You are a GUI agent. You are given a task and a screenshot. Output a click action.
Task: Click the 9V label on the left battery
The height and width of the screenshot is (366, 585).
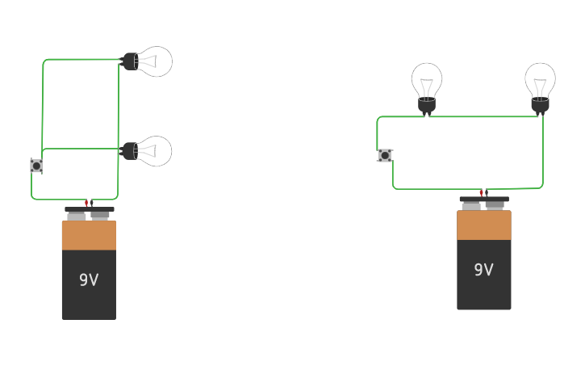[89, 280]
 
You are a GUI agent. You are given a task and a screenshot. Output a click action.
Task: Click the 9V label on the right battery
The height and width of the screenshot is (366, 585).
[483, 270]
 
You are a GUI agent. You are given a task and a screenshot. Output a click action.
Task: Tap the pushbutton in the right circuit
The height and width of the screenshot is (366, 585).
[385, 155]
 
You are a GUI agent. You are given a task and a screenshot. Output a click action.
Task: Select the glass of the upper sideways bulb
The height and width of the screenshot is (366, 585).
[155, 61]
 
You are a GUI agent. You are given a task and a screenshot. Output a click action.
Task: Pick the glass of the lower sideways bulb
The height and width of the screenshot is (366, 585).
[155, 151]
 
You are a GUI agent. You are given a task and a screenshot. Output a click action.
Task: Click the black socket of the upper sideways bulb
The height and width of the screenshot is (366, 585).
[129, 61]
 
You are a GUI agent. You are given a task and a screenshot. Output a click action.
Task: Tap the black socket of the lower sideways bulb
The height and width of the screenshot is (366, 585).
[129, 150]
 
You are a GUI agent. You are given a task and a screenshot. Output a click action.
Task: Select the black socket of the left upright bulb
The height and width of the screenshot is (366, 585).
[427, 105]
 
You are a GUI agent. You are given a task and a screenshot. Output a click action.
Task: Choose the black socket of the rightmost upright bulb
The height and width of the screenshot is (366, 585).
[540, 105]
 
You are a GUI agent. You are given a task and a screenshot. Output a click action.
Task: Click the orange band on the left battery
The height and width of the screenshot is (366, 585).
[89, 235]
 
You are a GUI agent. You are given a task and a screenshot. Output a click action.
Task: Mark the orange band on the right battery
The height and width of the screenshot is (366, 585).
[483, 225]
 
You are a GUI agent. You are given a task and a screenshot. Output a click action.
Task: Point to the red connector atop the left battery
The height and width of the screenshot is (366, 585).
[86, 203]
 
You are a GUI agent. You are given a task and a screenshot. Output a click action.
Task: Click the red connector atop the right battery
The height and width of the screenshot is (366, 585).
[482, 193]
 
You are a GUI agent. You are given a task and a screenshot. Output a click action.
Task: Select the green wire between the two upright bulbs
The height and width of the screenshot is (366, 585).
[484, 116]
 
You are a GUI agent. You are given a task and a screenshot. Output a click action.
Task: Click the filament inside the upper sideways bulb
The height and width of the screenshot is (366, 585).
[148, 61]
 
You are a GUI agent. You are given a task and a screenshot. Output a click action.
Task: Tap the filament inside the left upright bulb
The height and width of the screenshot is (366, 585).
[427, 86]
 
